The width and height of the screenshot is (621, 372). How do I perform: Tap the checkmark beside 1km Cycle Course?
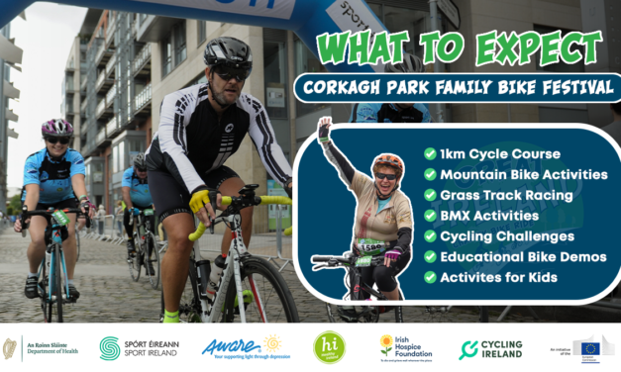(x=429, y=153)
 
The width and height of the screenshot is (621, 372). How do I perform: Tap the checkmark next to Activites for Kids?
(x=429, y=276)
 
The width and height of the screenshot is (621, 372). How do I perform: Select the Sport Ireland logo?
(x=138, y=347)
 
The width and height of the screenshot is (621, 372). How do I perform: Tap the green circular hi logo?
(x=329, y=347)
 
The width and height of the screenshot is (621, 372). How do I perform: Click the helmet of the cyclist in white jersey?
(x=227, y=51)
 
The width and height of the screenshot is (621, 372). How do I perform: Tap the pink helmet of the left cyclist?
(x=56, y=128)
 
